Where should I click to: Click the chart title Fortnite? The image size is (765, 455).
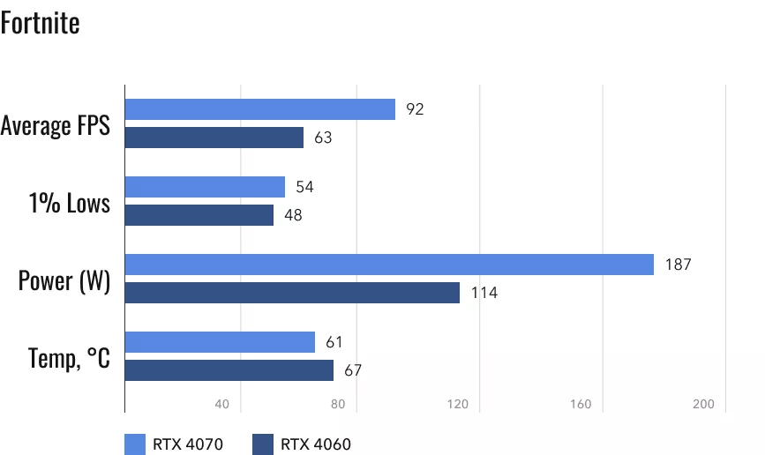(x=41, y=23)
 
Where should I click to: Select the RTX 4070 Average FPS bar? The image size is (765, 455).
(x=259, y=109)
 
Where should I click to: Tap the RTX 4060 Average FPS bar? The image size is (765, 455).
(x=214, y=138)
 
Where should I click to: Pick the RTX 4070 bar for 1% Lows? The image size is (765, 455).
(x=205, y=187)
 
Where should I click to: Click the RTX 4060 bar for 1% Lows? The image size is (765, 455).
(x=199, y=215)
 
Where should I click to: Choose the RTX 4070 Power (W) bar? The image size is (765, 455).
(x=389, y=265)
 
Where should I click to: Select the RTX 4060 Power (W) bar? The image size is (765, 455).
(x=292, y=293)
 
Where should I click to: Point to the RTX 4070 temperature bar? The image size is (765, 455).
(x=220, y=342)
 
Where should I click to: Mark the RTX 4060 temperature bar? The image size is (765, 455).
(x=229, y=370)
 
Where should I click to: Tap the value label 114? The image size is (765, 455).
(x=484, y=293)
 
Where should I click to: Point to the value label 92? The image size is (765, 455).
(x=415, y=109)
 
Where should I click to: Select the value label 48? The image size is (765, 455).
(x=293, y=215)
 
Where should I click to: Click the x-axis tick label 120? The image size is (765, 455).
(x=457, y=405)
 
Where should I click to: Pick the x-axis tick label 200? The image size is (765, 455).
(x=702, y=405)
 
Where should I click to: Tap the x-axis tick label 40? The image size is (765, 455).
(x=221, y=405)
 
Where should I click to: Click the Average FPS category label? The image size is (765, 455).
(x=56, y=125)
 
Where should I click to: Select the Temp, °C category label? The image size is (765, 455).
(x=69, y=358)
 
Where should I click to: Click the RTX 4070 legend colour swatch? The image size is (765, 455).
(x=135, y=444)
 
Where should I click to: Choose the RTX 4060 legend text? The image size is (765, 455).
(x=316, y=444)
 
